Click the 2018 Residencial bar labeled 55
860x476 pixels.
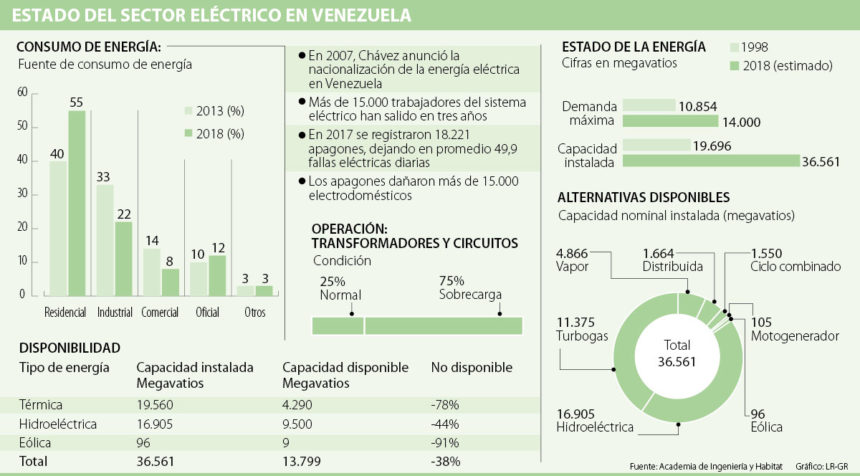coord(77,203)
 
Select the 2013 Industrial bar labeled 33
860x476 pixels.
coord(105,240)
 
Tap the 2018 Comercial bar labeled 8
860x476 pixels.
coord(171,282)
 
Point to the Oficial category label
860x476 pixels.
coord(208,313)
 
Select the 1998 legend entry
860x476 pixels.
coord(749,47)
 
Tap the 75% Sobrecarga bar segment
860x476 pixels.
coord(444,325)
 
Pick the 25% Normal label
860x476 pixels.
coord(340,288)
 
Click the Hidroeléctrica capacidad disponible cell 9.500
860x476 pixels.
coord(297,424)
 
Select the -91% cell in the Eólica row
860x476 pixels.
coord(445,442)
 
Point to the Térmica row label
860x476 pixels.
coord(41,405)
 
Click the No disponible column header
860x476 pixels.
coord(472,368)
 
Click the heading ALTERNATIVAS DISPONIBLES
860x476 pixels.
coord(644,197)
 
